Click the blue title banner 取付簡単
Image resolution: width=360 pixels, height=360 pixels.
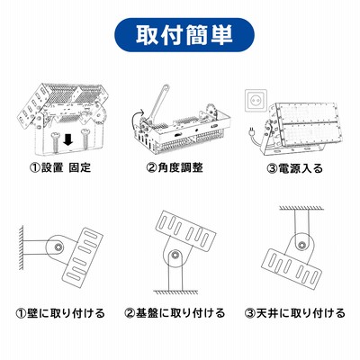(184, 35)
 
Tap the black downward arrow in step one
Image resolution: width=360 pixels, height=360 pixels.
(68, 139)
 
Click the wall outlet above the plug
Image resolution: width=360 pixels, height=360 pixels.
(256, 100)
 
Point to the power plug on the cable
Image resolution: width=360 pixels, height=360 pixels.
(252, 130)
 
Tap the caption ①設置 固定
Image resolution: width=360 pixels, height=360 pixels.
(60, 167)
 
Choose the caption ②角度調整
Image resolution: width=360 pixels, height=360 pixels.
(175, 167)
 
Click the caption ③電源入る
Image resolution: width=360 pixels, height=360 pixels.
(294, 168)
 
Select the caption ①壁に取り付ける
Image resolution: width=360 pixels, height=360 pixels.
(60, 313)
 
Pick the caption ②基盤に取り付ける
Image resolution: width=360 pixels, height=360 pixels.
(175, 313)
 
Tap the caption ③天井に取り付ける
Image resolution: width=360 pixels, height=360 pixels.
(295, 313)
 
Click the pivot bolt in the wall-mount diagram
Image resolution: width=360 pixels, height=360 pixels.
(58, 247)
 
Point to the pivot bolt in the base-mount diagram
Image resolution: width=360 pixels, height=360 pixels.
(174, 256)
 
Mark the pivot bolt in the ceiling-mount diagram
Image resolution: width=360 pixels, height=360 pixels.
(301, 245)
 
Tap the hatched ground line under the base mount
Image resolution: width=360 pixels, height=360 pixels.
(175, 292)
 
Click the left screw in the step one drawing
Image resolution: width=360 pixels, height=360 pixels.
(55, 141)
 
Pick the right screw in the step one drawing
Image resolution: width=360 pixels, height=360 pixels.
(85, 140)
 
